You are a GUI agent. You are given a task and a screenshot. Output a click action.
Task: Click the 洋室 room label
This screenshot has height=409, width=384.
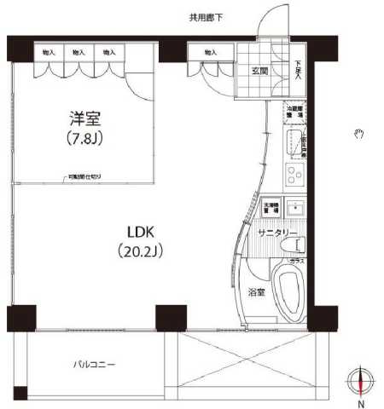(81, 118)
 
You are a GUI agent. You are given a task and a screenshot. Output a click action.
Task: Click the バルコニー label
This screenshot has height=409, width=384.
(93, 365)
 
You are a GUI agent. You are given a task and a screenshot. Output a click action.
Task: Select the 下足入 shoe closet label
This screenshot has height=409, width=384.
(298, 66)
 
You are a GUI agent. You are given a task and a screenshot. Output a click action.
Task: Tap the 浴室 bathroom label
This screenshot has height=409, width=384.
(257, 291)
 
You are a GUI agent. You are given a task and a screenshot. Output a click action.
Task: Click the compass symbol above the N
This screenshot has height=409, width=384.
(362, 381)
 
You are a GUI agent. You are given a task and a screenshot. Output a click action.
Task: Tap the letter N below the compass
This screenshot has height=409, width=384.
(362, 403)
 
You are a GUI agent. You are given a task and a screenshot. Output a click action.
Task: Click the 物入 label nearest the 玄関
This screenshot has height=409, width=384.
(211, 53)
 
